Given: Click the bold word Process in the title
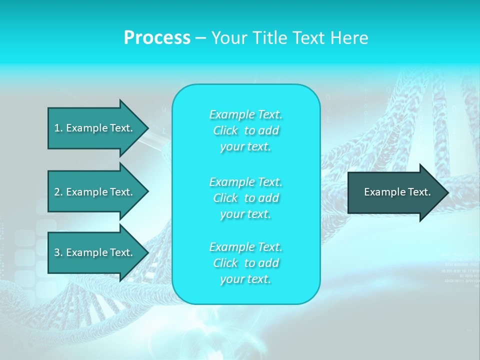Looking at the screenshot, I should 157,38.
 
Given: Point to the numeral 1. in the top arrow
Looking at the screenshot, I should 58,128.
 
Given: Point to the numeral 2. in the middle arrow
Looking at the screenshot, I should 58,192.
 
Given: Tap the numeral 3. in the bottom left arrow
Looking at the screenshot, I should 58,252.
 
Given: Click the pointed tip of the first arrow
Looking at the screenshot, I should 146,128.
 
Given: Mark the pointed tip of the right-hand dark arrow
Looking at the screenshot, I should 447,192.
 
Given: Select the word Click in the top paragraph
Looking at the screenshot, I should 225,131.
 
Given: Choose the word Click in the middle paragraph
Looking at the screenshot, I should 225,198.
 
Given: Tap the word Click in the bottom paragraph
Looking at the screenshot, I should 225,263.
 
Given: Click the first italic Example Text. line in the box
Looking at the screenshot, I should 245,115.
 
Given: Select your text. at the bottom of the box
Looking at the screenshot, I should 245,279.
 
